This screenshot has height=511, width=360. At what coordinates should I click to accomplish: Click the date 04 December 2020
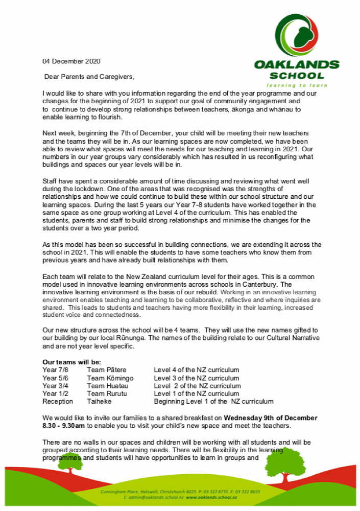click(x=71, y=61)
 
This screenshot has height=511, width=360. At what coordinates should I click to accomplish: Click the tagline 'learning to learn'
click(x=297, y=85)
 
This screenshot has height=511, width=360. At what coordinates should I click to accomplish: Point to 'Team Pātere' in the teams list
click(x=106, y=370)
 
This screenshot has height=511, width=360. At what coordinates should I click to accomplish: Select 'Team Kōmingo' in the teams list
click(x=110, y=378)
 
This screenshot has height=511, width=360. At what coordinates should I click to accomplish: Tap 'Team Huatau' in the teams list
click(x=107, y=386)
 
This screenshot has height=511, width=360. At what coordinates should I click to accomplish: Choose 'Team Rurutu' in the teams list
click(x=106, y=394)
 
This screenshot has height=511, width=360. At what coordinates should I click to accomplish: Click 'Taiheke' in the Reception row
click(x=99, y=402)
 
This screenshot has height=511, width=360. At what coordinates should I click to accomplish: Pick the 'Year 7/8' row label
click(x=55, y=370)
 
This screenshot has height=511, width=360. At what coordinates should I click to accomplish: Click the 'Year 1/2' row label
click(x=55, y=394)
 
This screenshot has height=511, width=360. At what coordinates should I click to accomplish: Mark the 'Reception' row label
click(x=58, y=402)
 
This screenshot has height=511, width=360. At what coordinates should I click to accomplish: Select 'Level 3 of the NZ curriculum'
click(x=197, y=378)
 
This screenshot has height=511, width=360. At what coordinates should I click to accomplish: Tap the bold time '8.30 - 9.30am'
click(x=64, y=425)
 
